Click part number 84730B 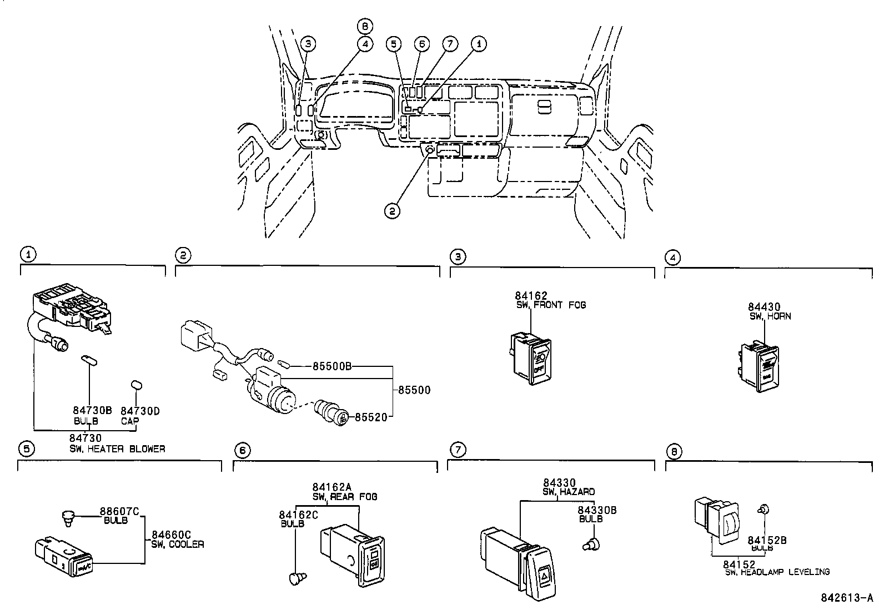click(x=92, y=410)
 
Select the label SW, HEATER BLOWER click(x=117, y=448)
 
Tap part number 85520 click(x=370, y=416)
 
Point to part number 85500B click(x=332, y=366)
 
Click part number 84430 click(x=764, y=307)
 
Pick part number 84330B click(x=597, y=510)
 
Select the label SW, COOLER click(x=177, y=545)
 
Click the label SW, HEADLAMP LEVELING click(x=777, y=572)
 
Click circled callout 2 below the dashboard click(x=392, y=210)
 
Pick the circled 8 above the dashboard click(x=365, y=26)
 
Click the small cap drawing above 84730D click(x=136, y=385)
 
